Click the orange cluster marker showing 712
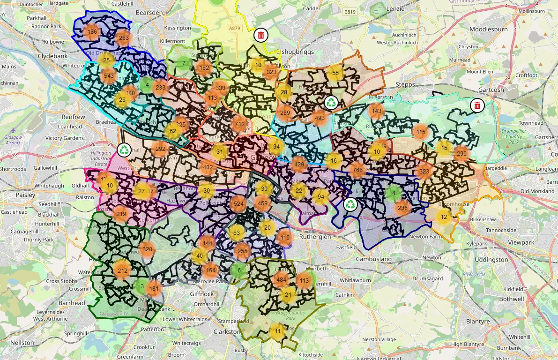point(239,124)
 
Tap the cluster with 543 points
point(109,76)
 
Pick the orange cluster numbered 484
point(281,280)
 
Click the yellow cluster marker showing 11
point(277,331)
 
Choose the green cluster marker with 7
point(184,63)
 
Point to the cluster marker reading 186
point(92,32)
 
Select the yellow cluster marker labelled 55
point(335,73)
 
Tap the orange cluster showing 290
point(461,154)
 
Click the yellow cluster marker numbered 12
point(444,217)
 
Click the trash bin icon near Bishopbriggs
point(261,35)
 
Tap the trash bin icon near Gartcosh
point(477,105)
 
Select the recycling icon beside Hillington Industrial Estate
point(124,150)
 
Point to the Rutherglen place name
point(314,237)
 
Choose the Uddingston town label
point(491,259)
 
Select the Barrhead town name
point(72,303)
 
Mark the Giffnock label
point(202,294)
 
